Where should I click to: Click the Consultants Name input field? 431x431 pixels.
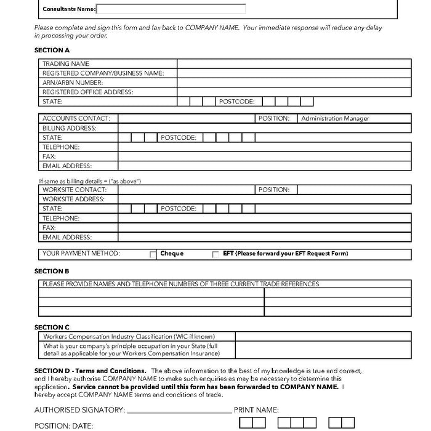click(x=171, y=9)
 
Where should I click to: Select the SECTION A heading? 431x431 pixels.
click(x=52, y=50)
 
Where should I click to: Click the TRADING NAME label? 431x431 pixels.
click(x=66, y=64)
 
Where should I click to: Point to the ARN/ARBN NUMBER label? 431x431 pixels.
click(x=73, y=83)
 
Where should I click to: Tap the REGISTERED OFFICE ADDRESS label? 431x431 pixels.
click(x=87, y=92)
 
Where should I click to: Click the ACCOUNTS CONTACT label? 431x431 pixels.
click(x=76, y=118)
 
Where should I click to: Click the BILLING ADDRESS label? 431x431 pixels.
click(x=70, y=128)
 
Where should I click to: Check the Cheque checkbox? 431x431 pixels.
click(x=153, y=254)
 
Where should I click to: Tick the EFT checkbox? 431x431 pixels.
click(x=216, y=254)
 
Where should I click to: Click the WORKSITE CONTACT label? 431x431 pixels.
click(x=75, y=190)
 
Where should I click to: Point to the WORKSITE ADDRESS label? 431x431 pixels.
click(x=73, y=199)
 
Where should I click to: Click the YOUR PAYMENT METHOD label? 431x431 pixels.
click(x=81, y=254)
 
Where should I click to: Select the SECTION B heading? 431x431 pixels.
click(x=52, y=272)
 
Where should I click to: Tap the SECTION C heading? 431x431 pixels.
click(x=52, y=328)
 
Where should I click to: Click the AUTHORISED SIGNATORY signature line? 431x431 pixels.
click(x=178, y=411)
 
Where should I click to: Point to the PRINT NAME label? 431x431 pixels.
click(x=256, y=410)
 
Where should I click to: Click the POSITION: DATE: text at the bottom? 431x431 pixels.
click(x=63, y=425)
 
